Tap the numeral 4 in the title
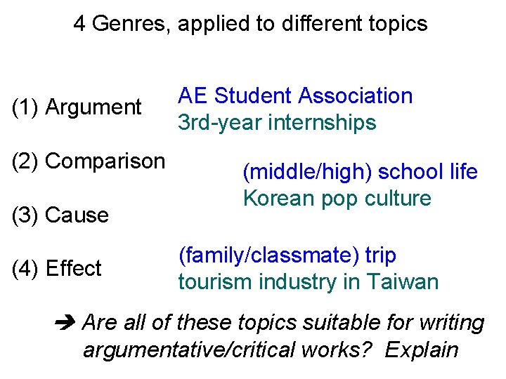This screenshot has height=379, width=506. (80, 24)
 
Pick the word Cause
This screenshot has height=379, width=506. (77, 215)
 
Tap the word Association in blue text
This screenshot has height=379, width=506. (355, 95)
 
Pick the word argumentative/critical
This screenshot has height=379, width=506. (193, 350)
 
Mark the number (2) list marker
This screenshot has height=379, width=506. (26, 161)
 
